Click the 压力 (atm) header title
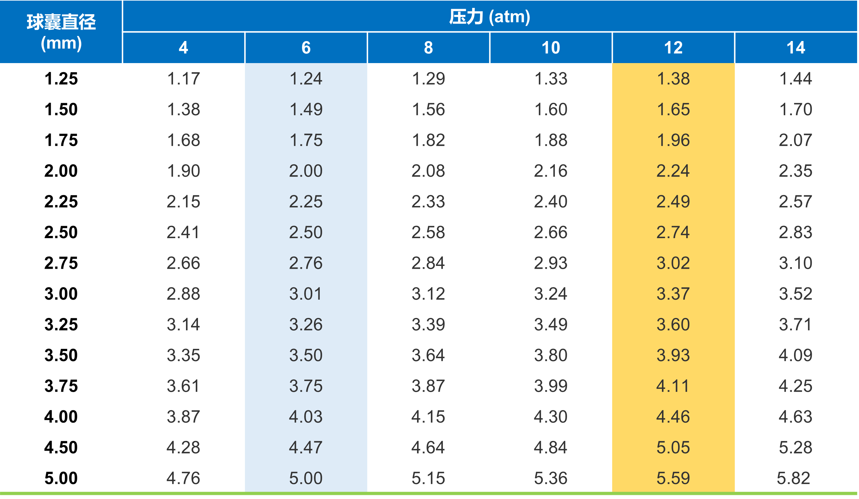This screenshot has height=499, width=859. tap(490, 16)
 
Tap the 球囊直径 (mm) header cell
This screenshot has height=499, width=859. tap(61, 32)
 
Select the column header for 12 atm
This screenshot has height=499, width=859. tap(673, 48)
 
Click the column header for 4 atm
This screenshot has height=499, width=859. tap(183, 48)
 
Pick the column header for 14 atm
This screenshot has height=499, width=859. tap(796, 48)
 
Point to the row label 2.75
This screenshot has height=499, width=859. tap(61, 263)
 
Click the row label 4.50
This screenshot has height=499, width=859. tap(61, 447)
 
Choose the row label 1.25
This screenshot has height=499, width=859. tap(61, 79)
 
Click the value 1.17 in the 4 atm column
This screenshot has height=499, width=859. tap(183, 79)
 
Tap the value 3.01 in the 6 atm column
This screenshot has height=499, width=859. tap(306, 294)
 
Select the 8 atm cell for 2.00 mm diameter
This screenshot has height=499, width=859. tap(428, 171)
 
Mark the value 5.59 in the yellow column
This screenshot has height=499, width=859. tap(673, 478)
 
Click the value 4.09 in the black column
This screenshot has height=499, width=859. tap(796, 355)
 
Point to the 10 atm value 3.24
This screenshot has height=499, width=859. tap(550, 294)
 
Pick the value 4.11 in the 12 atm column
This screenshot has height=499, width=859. tap(673, 386)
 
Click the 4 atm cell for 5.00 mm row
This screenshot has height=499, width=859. tap(183, 478)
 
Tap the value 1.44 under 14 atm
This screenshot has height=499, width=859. tap(796, 79)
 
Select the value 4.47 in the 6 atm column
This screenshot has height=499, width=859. tap(306, 447)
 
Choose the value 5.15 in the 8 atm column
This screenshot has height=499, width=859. tap(428, 478)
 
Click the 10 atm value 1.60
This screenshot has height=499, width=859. tap(550, 109)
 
